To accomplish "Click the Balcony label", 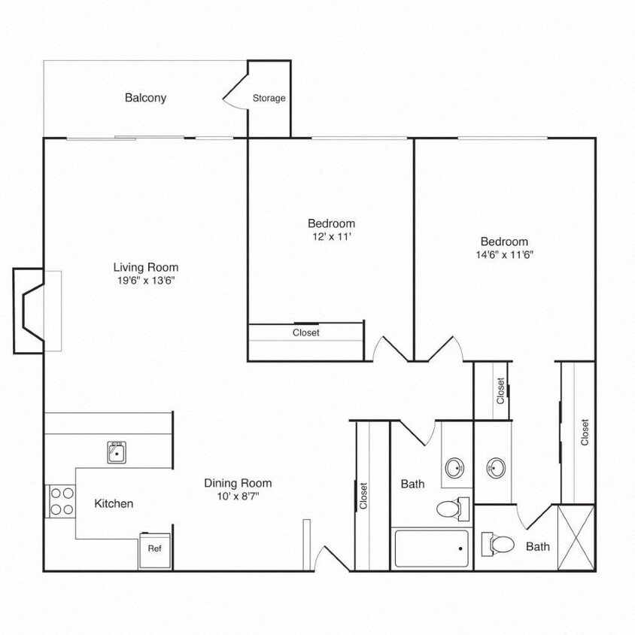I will click(145, 98).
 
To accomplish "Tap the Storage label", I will click(269, 99).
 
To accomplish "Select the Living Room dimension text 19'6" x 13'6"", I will click(146, 281).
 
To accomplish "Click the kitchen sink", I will click(117, 452).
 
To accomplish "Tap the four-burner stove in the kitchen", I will click(61, 501).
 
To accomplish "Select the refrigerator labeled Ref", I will click(154, 549).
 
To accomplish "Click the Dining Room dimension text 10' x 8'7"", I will click(238, 497).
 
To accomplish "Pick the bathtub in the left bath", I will click(432, 548).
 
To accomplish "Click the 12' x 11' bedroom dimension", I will click(331, 237).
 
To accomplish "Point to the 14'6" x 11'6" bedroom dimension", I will click(504, 255).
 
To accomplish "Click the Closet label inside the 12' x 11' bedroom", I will click(306, 333).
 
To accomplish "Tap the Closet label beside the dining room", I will click(363, 497).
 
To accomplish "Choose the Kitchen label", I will click(114, 503).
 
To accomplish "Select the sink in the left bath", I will click(456, 469).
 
